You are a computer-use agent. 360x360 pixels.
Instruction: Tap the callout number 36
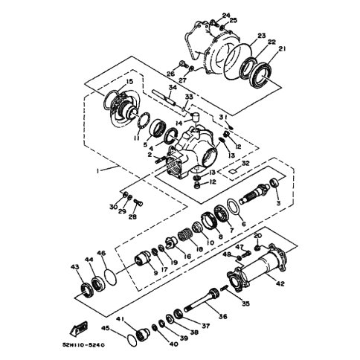click(223, 316)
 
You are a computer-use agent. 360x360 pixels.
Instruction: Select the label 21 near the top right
click(282, 49)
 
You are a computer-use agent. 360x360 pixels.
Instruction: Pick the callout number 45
click(106, 328)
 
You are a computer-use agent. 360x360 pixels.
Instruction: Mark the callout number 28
click(132, 218)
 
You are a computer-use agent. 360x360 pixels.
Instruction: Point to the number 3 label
click(277, 202)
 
